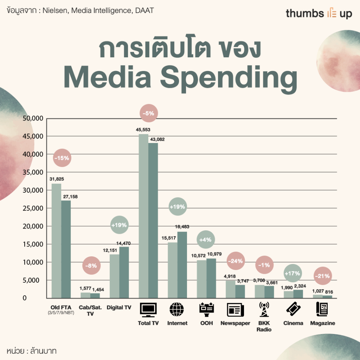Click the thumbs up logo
point(319,14)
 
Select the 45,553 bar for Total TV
point(143,216)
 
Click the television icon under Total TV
point(148,310)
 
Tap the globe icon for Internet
point(177,310)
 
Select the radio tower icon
point(263,309)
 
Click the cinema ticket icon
point(293,309)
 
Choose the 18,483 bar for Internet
point(182,265)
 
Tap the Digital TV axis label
point(119,308)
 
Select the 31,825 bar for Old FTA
point(56,241)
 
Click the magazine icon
point(322,309)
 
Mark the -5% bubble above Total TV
point(148,114)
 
